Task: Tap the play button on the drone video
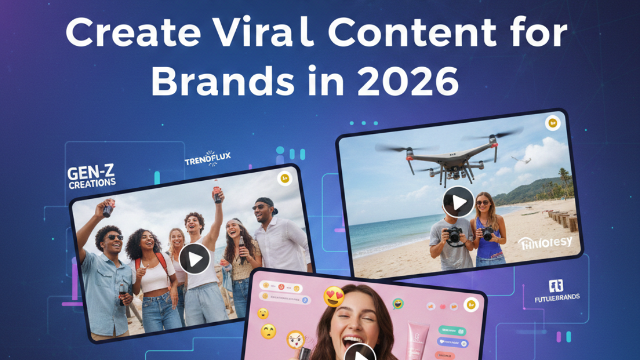pos(458,202)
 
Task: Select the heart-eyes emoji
pos(334,297)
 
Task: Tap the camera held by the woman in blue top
pos(487,233)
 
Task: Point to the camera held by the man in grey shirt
pos(454,234)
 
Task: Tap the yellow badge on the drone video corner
pos(552,124)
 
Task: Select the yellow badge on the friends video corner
pos(284,178)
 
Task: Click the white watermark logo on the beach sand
pos(545,243)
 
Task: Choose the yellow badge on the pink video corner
pos(470,305)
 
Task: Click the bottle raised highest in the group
pos(217,191)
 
